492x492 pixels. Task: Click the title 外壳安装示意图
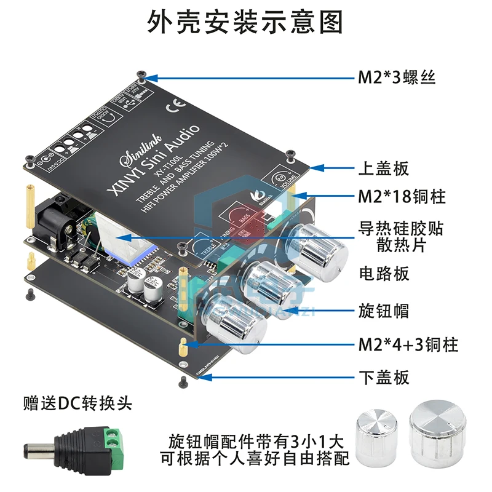click(x=245, y=23)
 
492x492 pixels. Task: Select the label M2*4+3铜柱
click(x=408, y=344)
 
